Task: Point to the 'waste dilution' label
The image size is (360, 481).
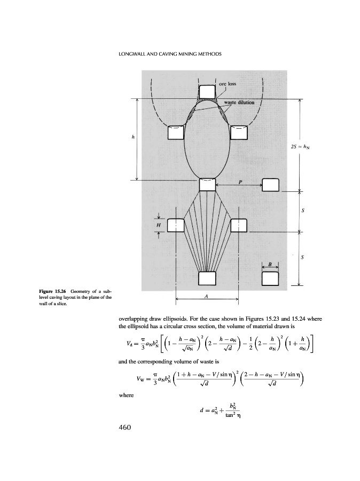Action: (237, 102)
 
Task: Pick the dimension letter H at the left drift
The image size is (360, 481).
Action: (158, 226)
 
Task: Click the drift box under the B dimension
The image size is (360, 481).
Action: (271, 278)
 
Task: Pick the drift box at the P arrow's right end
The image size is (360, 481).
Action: (271, 185)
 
